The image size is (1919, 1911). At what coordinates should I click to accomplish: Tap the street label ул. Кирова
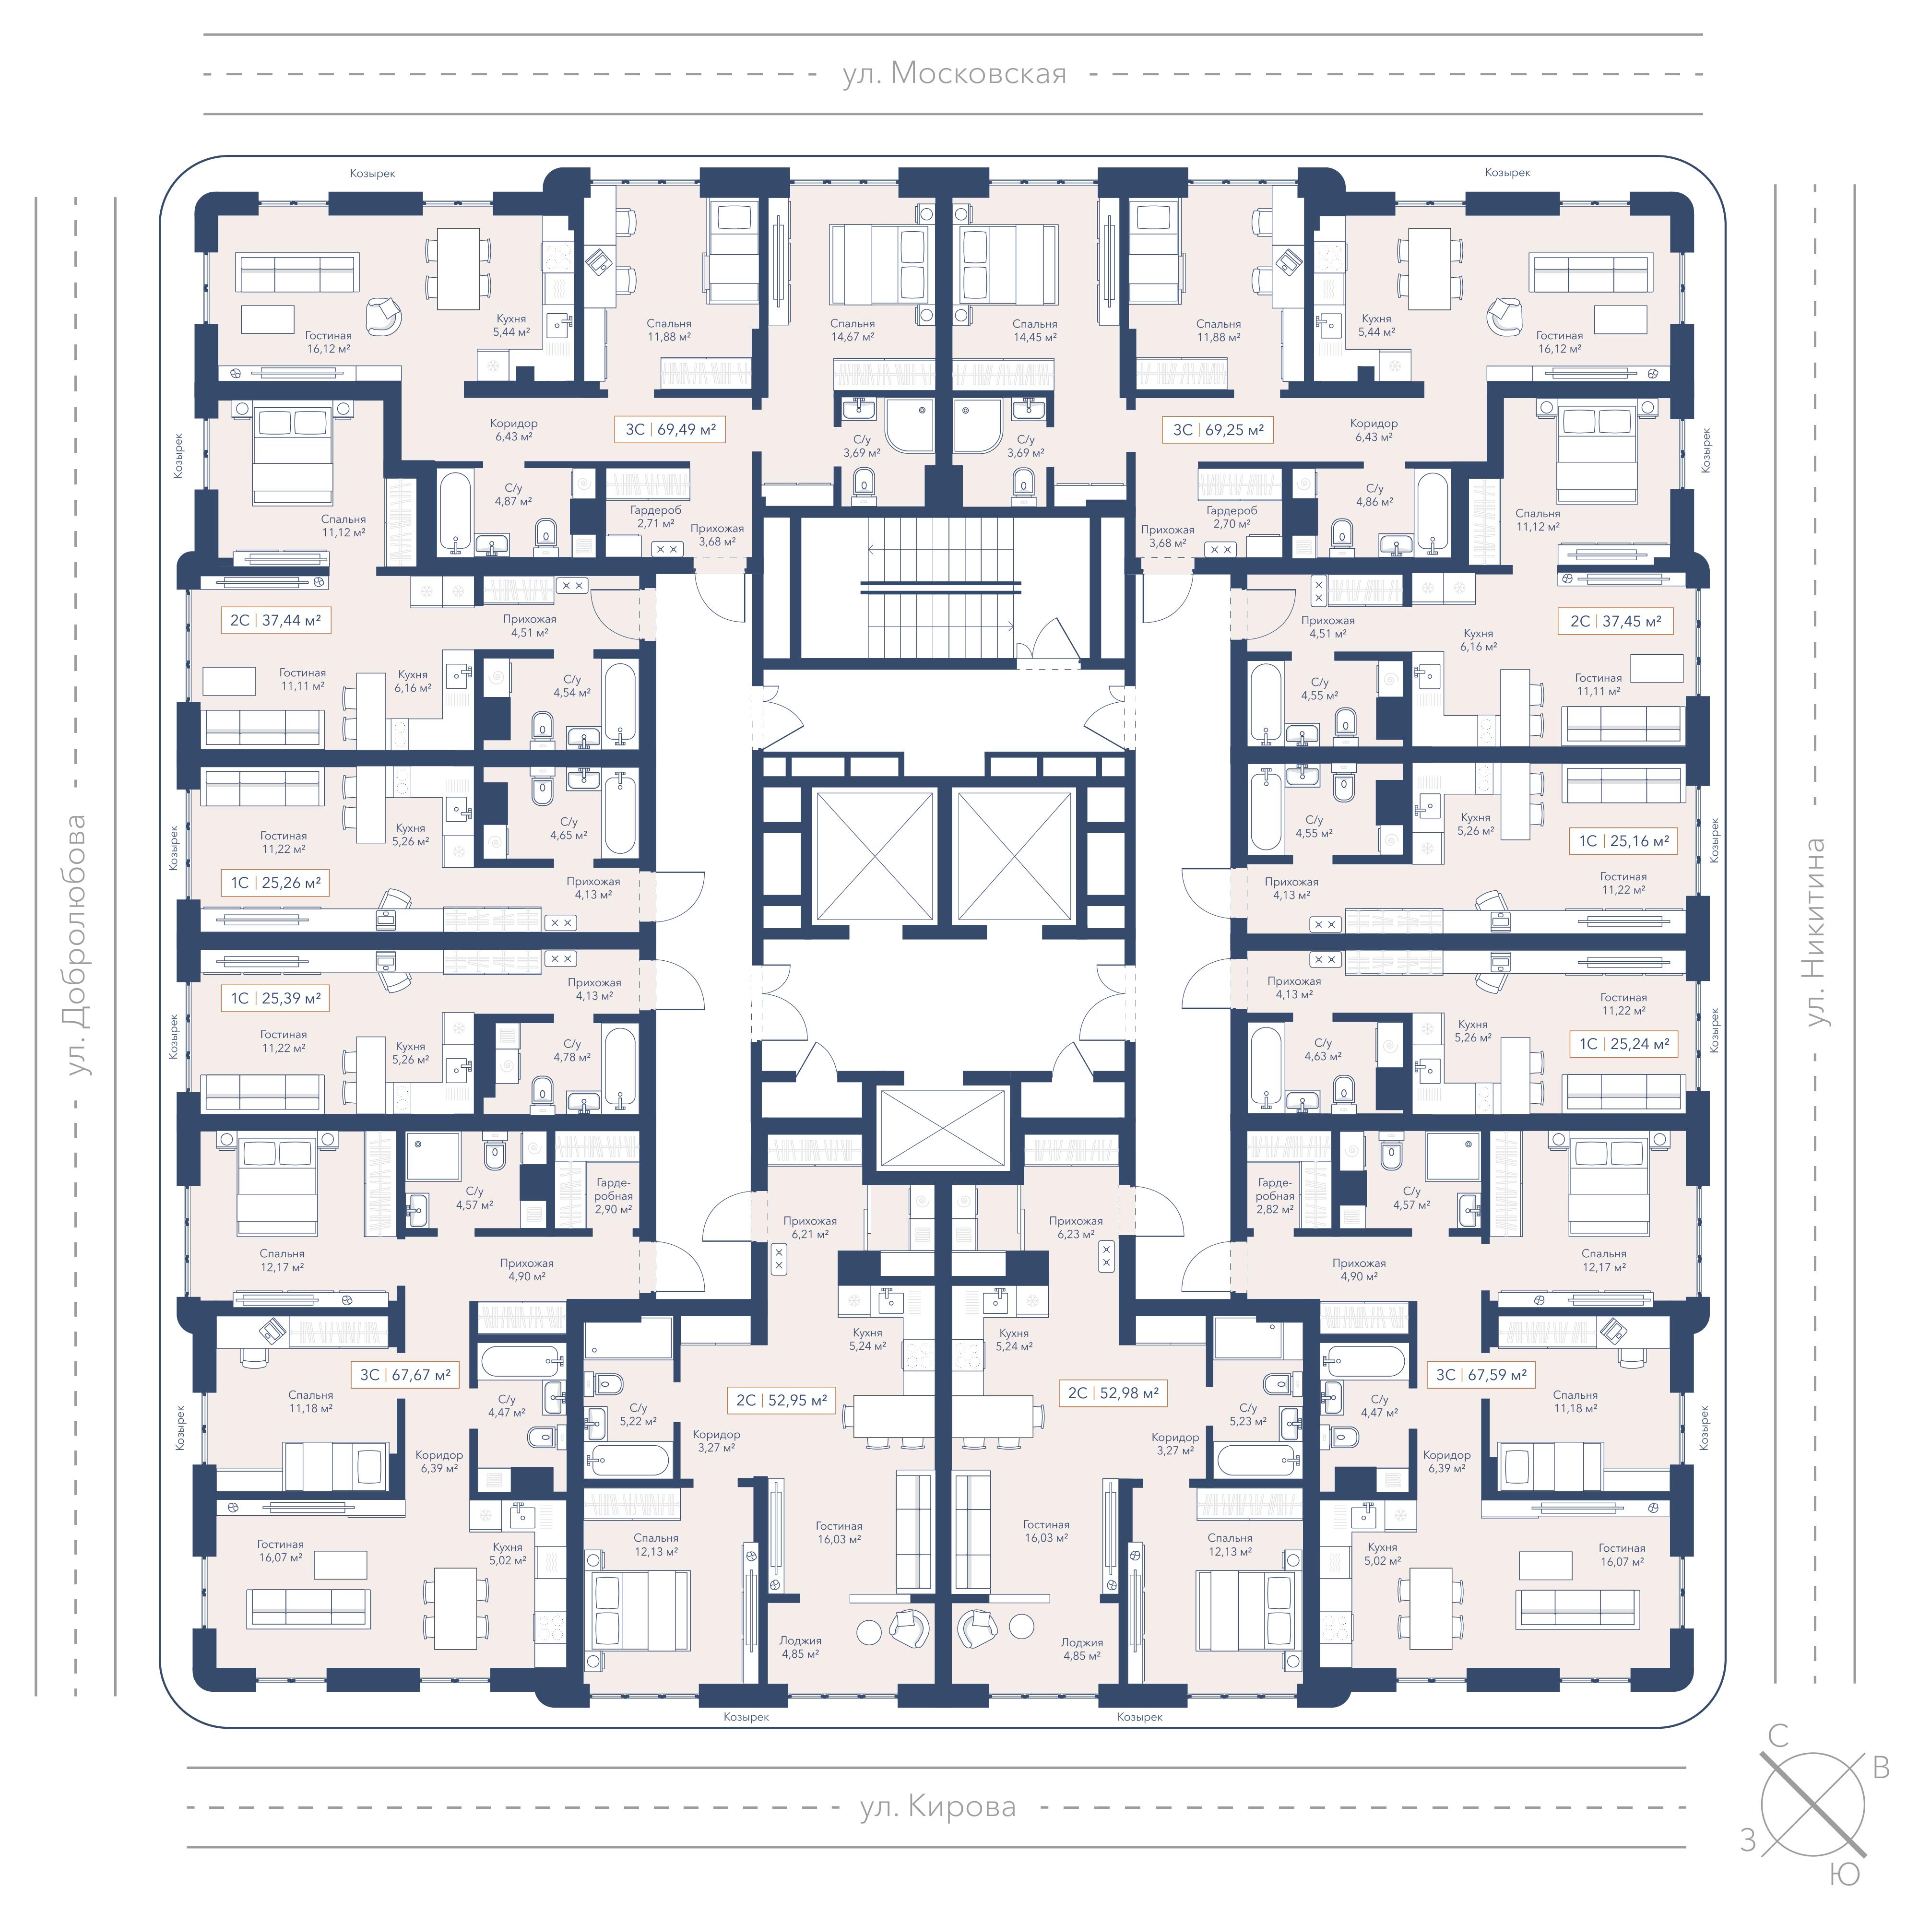937,1807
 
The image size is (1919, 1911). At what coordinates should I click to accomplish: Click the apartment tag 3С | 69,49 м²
671,430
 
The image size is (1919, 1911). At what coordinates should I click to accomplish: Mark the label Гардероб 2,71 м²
655,517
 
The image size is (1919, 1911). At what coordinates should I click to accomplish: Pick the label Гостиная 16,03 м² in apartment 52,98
1046,1531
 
